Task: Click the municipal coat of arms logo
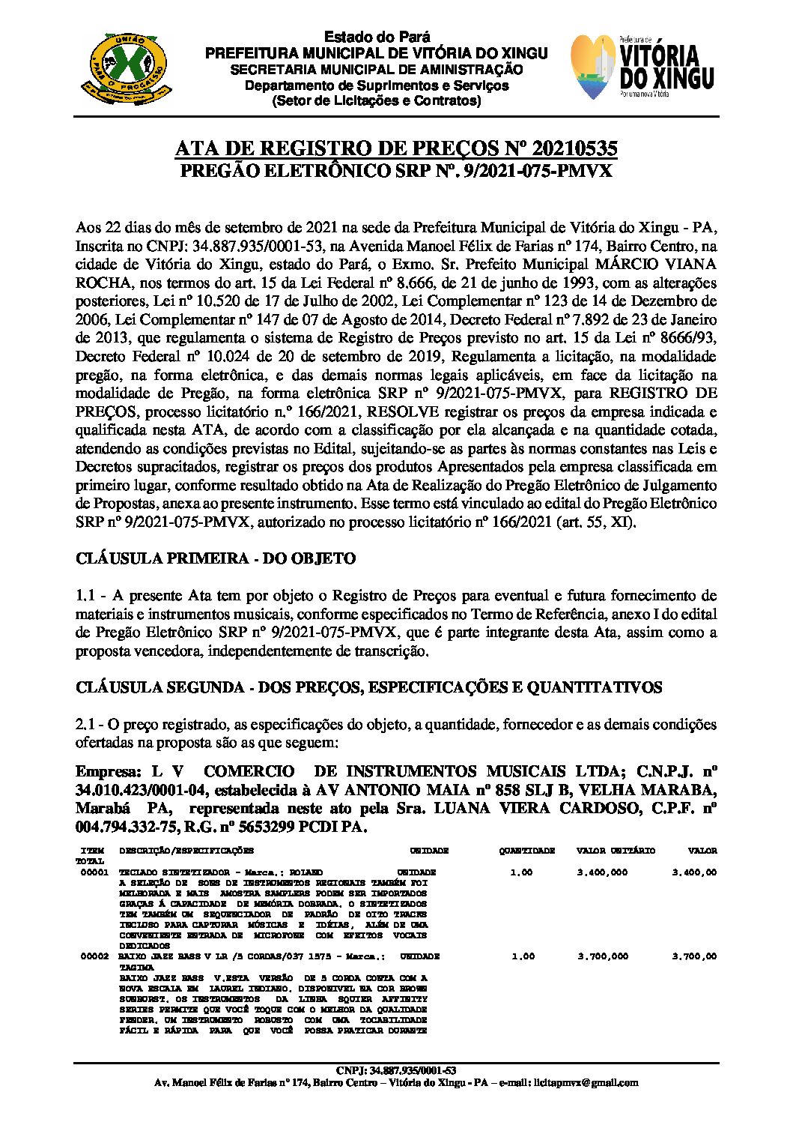click(x=124, y=67)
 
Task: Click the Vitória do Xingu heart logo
click(x=595, y=67)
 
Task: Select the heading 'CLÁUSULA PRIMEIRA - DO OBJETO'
click(x=216, y=558)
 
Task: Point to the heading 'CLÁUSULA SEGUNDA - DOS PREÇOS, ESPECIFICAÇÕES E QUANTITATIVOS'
click(x=368, y=687)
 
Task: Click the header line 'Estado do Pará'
click(x=377, y=37)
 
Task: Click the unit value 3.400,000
click(x=603, y=872)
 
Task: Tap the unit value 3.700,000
click(x=603, y=956)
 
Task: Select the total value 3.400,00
click(x=694, y=872)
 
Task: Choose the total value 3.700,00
click(x=694, y=956)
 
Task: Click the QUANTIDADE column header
click(x=527, y=851)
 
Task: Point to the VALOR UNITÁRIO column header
click(x=616, y=851)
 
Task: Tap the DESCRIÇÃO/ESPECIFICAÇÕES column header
click(x=186, y=851)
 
